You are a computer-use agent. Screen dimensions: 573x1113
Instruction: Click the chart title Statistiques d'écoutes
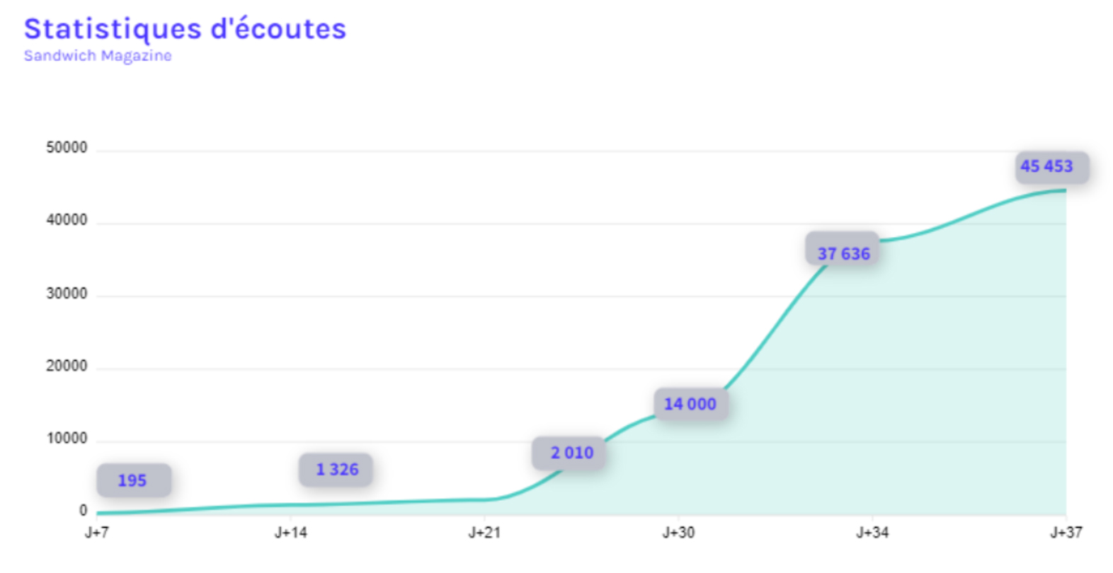[x=185, y=30]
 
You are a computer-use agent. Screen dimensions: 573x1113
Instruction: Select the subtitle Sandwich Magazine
[x=98, y=55]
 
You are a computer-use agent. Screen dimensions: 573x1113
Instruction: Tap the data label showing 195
[x=133, y=480]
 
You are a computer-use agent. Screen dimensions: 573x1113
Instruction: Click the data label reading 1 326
[x=336, y=470]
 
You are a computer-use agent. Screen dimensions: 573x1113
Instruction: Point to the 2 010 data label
[x=571, y=453]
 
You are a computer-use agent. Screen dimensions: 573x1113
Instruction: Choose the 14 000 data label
[x=690, y=404]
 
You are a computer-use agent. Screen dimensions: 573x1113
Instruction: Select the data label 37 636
[x=843, y=253]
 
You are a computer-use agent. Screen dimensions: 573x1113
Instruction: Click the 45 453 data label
[x=1046, y=166]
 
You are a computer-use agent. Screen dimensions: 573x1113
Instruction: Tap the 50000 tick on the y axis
[x=67, y=148]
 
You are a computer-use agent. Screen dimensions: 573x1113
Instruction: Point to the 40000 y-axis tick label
[x=67, y=221]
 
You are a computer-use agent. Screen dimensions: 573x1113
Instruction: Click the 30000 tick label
[x=67, y=294]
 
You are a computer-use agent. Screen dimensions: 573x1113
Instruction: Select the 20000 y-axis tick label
[x=67, y=366]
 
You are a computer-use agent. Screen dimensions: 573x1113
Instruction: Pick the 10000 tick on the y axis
[x=67, y=439]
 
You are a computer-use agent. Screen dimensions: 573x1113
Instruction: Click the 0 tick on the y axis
[x=83, y=511]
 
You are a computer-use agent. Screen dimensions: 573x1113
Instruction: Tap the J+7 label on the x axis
[x=97, y=533]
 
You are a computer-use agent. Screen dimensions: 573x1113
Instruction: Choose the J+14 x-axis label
[x=291, y=533]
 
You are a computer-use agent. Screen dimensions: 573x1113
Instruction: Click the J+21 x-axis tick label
[x=484, y=533]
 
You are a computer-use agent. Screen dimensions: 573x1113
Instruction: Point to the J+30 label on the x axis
[x=678, y=533]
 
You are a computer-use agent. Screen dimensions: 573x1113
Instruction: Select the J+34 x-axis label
[x=872, y=533]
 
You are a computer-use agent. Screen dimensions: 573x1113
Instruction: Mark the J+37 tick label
[x=1066, y=533]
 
